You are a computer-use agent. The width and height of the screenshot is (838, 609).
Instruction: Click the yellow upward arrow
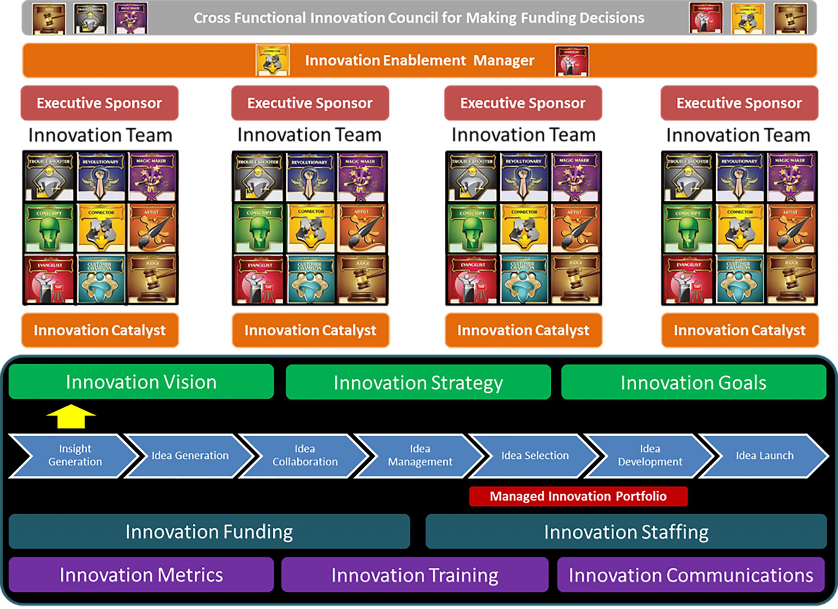coord(71,416)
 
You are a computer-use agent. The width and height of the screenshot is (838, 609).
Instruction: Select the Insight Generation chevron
coord(74,456)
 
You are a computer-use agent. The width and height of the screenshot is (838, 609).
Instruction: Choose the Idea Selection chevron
coord(535,456)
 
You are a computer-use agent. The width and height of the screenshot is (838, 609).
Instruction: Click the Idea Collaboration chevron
coord(305,456)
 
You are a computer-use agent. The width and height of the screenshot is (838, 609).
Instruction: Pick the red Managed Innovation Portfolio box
coord(578,496)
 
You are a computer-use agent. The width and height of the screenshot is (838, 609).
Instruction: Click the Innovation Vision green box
coord(141,382)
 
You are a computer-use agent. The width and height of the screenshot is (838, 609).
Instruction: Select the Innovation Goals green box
coord(693,383)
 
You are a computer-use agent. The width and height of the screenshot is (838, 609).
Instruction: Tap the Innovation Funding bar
coord(209,532)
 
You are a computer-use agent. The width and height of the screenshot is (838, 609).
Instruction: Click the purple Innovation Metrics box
coord(141,575)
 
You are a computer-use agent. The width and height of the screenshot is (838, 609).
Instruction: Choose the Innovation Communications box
coord(691,575)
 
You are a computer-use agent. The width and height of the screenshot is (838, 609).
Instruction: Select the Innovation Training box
coord(414,575)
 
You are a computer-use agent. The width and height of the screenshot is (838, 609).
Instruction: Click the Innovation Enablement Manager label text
coord(419,61)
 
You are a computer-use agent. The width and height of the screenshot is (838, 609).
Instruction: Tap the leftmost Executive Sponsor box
coord(99,103)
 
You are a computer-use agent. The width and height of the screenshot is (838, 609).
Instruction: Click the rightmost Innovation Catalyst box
coord(739,330)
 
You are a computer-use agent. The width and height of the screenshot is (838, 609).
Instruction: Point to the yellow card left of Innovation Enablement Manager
coord(273,61)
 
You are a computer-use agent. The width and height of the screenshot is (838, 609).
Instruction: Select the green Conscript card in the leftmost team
coord(50,228)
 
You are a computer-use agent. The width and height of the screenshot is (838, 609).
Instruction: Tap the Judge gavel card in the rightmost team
coord(791,279)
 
